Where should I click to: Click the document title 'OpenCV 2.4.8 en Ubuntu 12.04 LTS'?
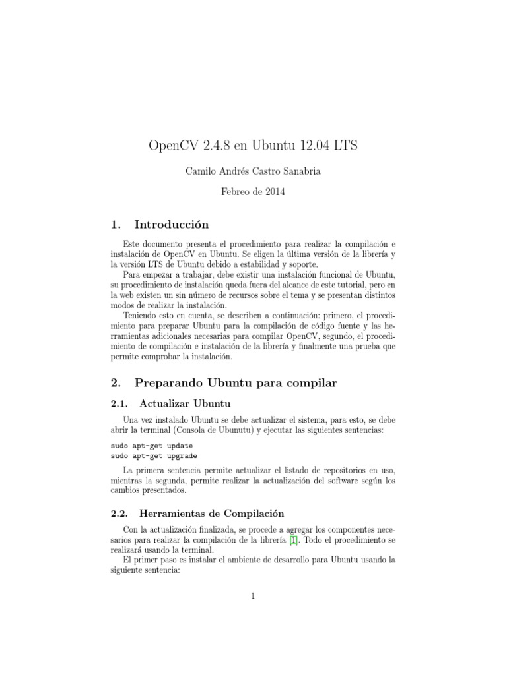pyautogui.click(x=253, y=146)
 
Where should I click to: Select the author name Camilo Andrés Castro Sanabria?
pyautogui.click(x=253, y=172)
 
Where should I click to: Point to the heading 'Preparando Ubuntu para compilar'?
pyautogui.click(x=236, y=382)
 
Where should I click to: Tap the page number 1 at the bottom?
pyautogui.click(x=253, y=597)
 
